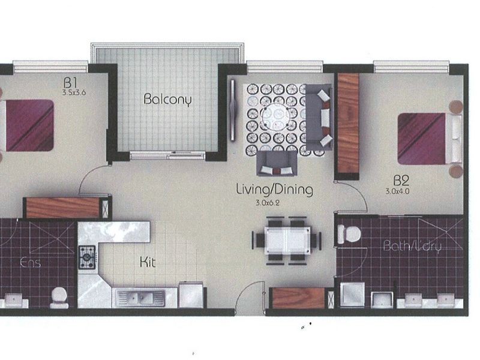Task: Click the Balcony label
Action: coord(167,100)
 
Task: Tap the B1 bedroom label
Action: coord(70,82)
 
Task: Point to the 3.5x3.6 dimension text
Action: coord(74,92)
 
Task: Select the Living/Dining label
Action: coord(275,189)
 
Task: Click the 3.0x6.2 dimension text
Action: coord(268,203)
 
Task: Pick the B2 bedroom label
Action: coord(401,181)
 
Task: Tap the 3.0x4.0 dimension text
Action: coord(397,191)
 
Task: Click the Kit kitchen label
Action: coord(148,262)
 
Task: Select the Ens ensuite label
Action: coord(30,263)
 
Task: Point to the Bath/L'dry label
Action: coord(412,247)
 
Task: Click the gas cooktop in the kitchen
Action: coord(88,257)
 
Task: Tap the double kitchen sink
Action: coord(140,298)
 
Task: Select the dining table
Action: coord(287,241)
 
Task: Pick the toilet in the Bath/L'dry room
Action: coord(349,234)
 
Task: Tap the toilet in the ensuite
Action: coord(59,298)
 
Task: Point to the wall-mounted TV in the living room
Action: coord(233,110)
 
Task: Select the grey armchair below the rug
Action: coord(277,163)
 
